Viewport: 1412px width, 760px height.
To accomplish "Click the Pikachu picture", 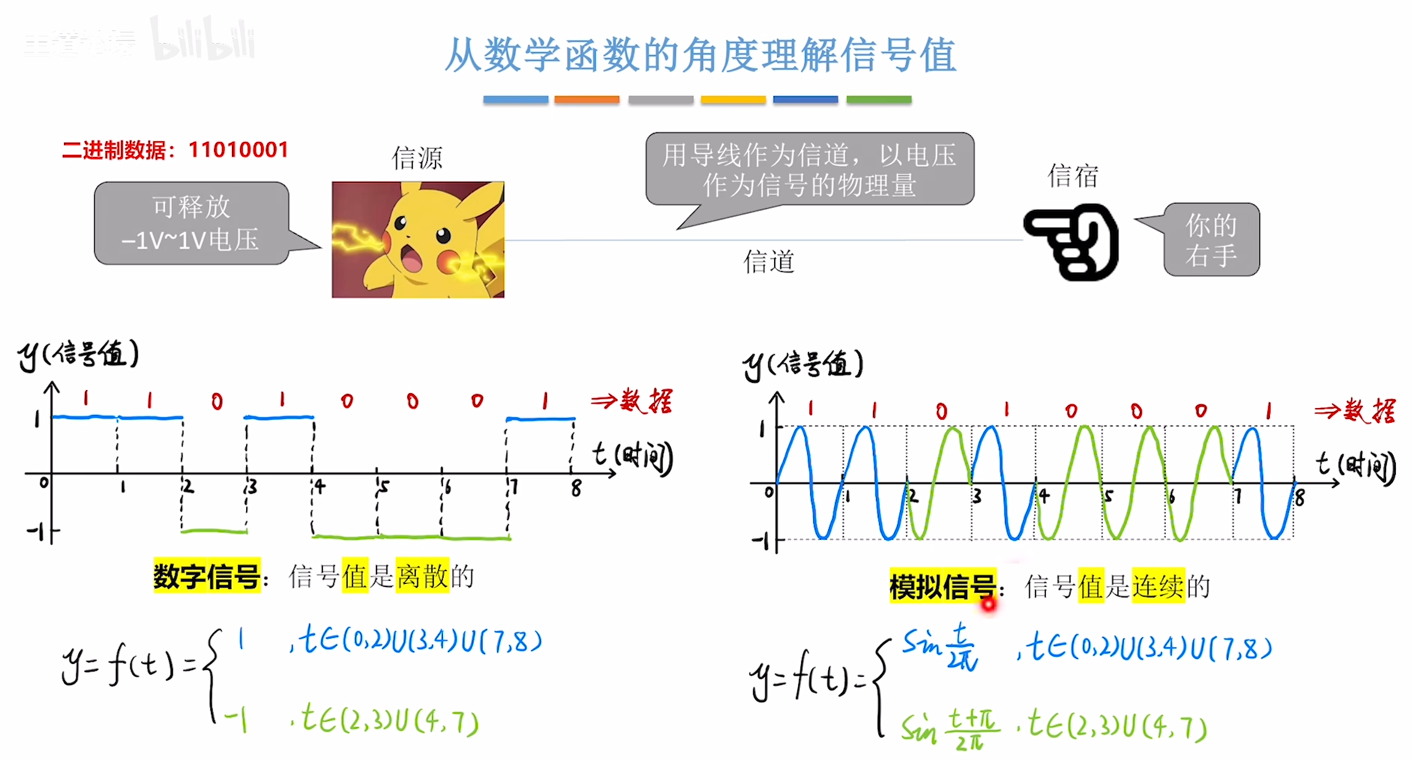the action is (418, 239).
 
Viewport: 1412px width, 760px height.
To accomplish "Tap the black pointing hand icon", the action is (1071, 242).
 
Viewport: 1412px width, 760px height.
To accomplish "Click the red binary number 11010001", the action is (238, 150).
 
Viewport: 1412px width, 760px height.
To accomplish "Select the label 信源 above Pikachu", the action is (417, 158).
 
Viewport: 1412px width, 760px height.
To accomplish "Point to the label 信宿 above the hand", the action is (1073, 176).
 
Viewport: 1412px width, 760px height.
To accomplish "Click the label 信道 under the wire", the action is (768, 262).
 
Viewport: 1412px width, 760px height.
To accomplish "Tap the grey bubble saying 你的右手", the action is (1211, 240).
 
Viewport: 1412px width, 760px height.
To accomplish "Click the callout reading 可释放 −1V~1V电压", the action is (191, 223).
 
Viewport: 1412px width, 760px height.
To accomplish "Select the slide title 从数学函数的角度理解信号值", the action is (700, 55).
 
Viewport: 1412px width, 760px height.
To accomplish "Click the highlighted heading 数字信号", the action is (207, 577).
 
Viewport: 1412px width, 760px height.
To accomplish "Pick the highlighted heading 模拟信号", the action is (942, 586).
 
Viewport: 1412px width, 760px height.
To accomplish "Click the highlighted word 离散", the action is (422, 577).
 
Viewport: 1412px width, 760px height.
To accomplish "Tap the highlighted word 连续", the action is (1158, 586).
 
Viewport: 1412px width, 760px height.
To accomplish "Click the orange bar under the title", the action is (586, 100).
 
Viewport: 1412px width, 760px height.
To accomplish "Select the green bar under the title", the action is (879, 100).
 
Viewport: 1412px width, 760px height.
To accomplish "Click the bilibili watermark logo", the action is (203, 40).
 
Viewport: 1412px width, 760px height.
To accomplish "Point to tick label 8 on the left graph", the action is (576, 489).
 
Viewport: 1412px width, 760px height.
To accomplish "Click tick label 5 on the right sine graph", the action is (1109, 497).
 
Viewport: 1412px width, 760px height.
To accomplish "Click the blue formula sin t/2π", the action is (940, 646).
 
